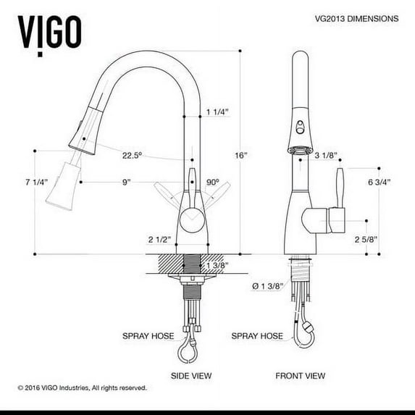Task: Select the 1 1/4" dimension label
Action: (217, 112)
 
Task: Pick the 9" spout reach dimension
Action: (126, 183)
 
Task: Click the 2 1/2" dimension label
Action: (159, 240)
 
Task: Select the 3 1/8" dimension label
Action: (326, 155)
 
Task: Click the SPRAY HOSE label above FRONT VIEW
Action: (256, 336)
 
